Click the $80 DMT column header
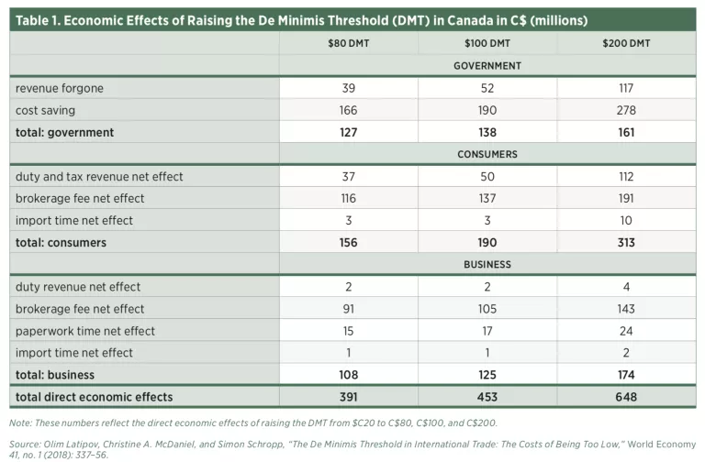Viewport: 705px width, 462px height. (x=347, y=43)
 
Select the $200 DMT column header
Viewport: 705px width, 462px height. (x=627, y=43)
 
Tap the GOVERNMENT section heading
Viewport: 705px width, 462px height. (x=487, y=66)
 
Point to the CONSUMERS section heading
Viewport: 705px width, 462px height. (x=487, y=154)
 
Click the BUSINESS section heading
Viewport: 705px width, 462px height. (x=487, y=264)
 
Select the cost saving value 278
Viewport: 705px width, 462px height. (x=627, y=110)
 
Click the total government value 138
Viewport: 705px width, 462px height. (x=487, y=132)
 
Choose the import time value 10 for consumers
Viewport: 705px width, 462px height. (x=627, y=220)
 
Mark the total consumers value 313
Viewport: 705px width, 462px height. (x=627, y=243)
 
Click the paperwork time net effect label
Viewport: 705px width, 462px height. (x=84, y=331)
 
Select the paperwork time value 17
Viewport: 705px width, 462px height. (x=487, y=331)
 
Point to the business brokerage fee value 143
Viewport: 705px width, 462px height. (x=627, y=309)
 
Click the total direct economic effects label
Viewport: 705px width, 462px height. (x=94, y=397)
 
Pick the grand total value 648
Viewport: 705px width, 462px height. (x=627, y=397)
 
